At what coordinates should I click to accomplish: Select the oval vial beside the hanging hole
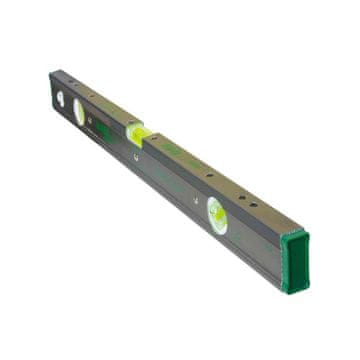[80, 113]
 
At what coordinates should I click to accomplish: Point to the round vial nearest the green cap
[216, 213]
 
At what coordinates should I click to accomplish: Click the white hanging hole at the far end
[60, 99]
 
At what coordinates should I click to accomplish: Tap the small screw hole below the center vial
[137, 156]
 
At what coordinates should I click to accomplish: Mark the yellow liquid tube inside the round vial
[216, 213]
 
